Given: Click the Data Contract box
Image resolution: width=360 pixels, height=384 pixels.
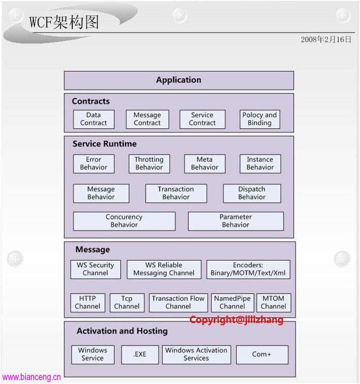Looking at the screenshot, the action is point(94,119).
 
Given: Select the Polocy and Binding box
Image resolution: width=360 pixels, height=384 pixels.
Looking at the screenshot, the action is point(260,119).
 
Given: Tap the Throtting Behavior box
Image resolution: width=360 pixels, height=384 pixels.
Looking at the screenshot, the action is point(149,164).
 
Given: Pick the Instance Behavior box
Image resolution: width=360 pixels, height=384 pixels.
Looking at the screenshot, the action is point(260,164).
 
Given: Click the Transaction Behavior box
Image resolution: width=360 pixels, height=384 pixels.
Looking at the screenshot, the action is point(176,194).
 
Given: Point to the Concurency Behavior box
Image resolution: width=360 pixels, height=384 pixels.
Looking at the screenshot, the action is point(124,221).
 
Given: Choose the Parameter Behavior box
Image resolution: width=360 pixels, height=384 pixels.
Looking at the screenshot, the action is point(236,221).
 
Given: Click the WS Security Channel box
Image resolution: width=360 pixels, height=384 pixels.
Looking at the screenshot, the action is point(96,269).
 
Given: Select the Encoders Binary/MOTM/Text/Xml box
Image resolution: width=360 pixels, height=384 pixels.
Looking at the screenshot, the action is point(248,269).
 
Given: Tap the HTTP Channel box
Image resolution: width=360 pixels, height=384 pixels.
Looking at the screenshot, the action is point(88,303).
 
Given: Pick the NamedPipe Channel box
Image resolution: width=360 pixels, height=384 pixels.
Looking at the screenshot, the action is point(233,303).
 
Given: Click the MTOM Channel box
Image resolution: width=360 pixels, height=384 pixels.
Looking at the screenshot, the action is point(274,303).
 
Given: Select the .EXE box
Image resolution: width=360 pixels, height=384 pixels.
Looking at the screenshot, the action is point(140,355).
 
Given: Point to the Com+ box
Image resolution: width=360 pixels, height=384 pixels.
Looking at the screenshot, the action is point(262,355).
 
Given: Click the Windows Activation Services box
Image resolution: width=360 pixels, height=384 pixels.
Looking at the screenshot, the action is point(196,355).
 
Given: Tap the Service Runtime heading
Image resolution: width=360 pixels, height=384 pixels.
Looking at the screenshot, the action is point(104,144).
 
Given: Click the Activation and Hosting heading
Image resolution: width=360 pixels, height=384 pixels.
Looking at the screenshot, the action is point(122,331).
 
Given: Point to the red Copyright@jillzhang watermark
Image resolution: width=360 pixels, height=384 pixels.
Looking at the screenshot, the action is point(236,320).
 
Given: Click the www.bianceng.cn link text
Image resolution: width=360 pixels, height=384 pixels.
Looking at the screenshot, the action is point(31,377).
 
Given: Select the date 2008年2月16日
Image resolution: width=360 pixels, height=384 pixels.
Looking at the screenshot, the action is point(326,39).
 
